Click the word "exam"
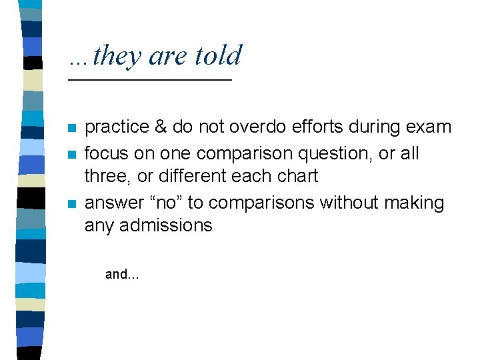click(429, 127)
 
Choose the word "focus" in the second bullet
click(105, 153)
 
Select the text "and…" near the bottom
click(122, 274)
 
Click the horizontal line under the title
click(150, 80)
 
